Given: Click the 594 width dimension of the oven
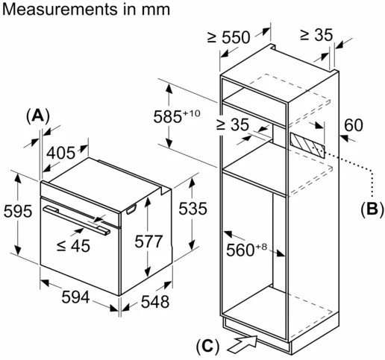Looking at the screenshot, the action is coord(75,297).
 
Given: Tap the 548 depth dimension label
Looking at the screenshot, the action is coord(155,302).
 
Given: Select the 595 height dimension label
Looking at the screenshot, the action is coord(18,212).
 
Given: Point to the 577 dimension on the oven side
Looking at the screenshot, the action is coord(148,241).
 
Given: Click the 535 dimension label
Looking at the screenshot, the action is coord(192,208).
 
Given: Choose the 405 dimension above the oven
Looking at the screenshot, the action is coord(60,153).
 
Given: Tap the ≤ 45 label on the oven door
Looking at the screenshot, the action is coord(73,246).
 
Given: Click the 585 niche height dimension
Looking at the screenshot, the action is coord(177,116).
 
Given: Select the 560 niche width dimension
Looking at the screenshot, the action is coord(246,250).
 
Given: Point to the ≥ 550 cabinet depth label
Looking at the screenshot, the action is coord(228,37).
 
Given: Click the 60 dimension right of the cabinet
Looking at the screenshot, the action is coord(354,125).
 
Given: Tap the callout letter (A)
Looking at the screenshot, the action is coord(38,116).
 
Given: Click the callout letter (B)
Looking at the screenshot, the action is coord(372,209).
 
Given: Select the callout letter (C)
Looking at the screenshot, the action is coord(208,346).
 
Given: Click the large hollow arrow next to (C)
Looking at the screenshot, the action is coord(242,343).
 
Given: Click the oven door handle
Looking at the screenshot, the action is coord(77,220).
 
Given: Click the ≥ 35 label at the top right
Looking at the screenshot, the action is coord(316,35).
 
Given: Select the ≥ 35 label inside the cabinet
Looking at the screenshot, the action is coord(232,124).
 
